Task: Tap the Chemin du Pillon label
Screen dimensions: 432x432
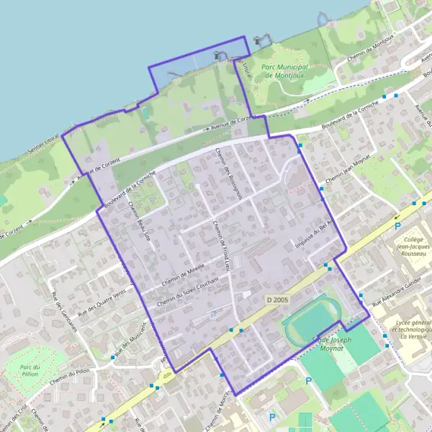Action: [x=69, y=387]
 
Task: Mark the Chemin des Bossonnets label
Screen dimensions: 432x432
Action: [x=231, y=172]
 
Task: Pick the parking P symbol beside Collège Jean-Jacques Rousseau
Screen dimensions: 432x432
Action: [x=397, y=225]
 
